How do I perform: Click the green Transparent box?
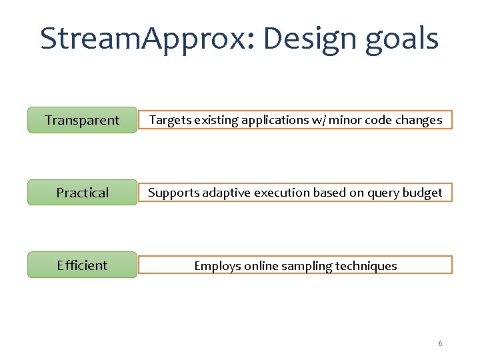click(82, 120)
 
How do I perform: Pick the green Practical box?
click(82, 193)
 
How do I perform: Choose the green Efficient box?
click(82, 265)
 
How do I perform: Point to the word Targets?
click(169, 120)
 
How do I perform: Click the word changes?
click(419, 120)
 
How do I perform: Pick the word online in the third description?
click(261, 265)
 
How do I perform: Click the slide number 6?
click(440, 343)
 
